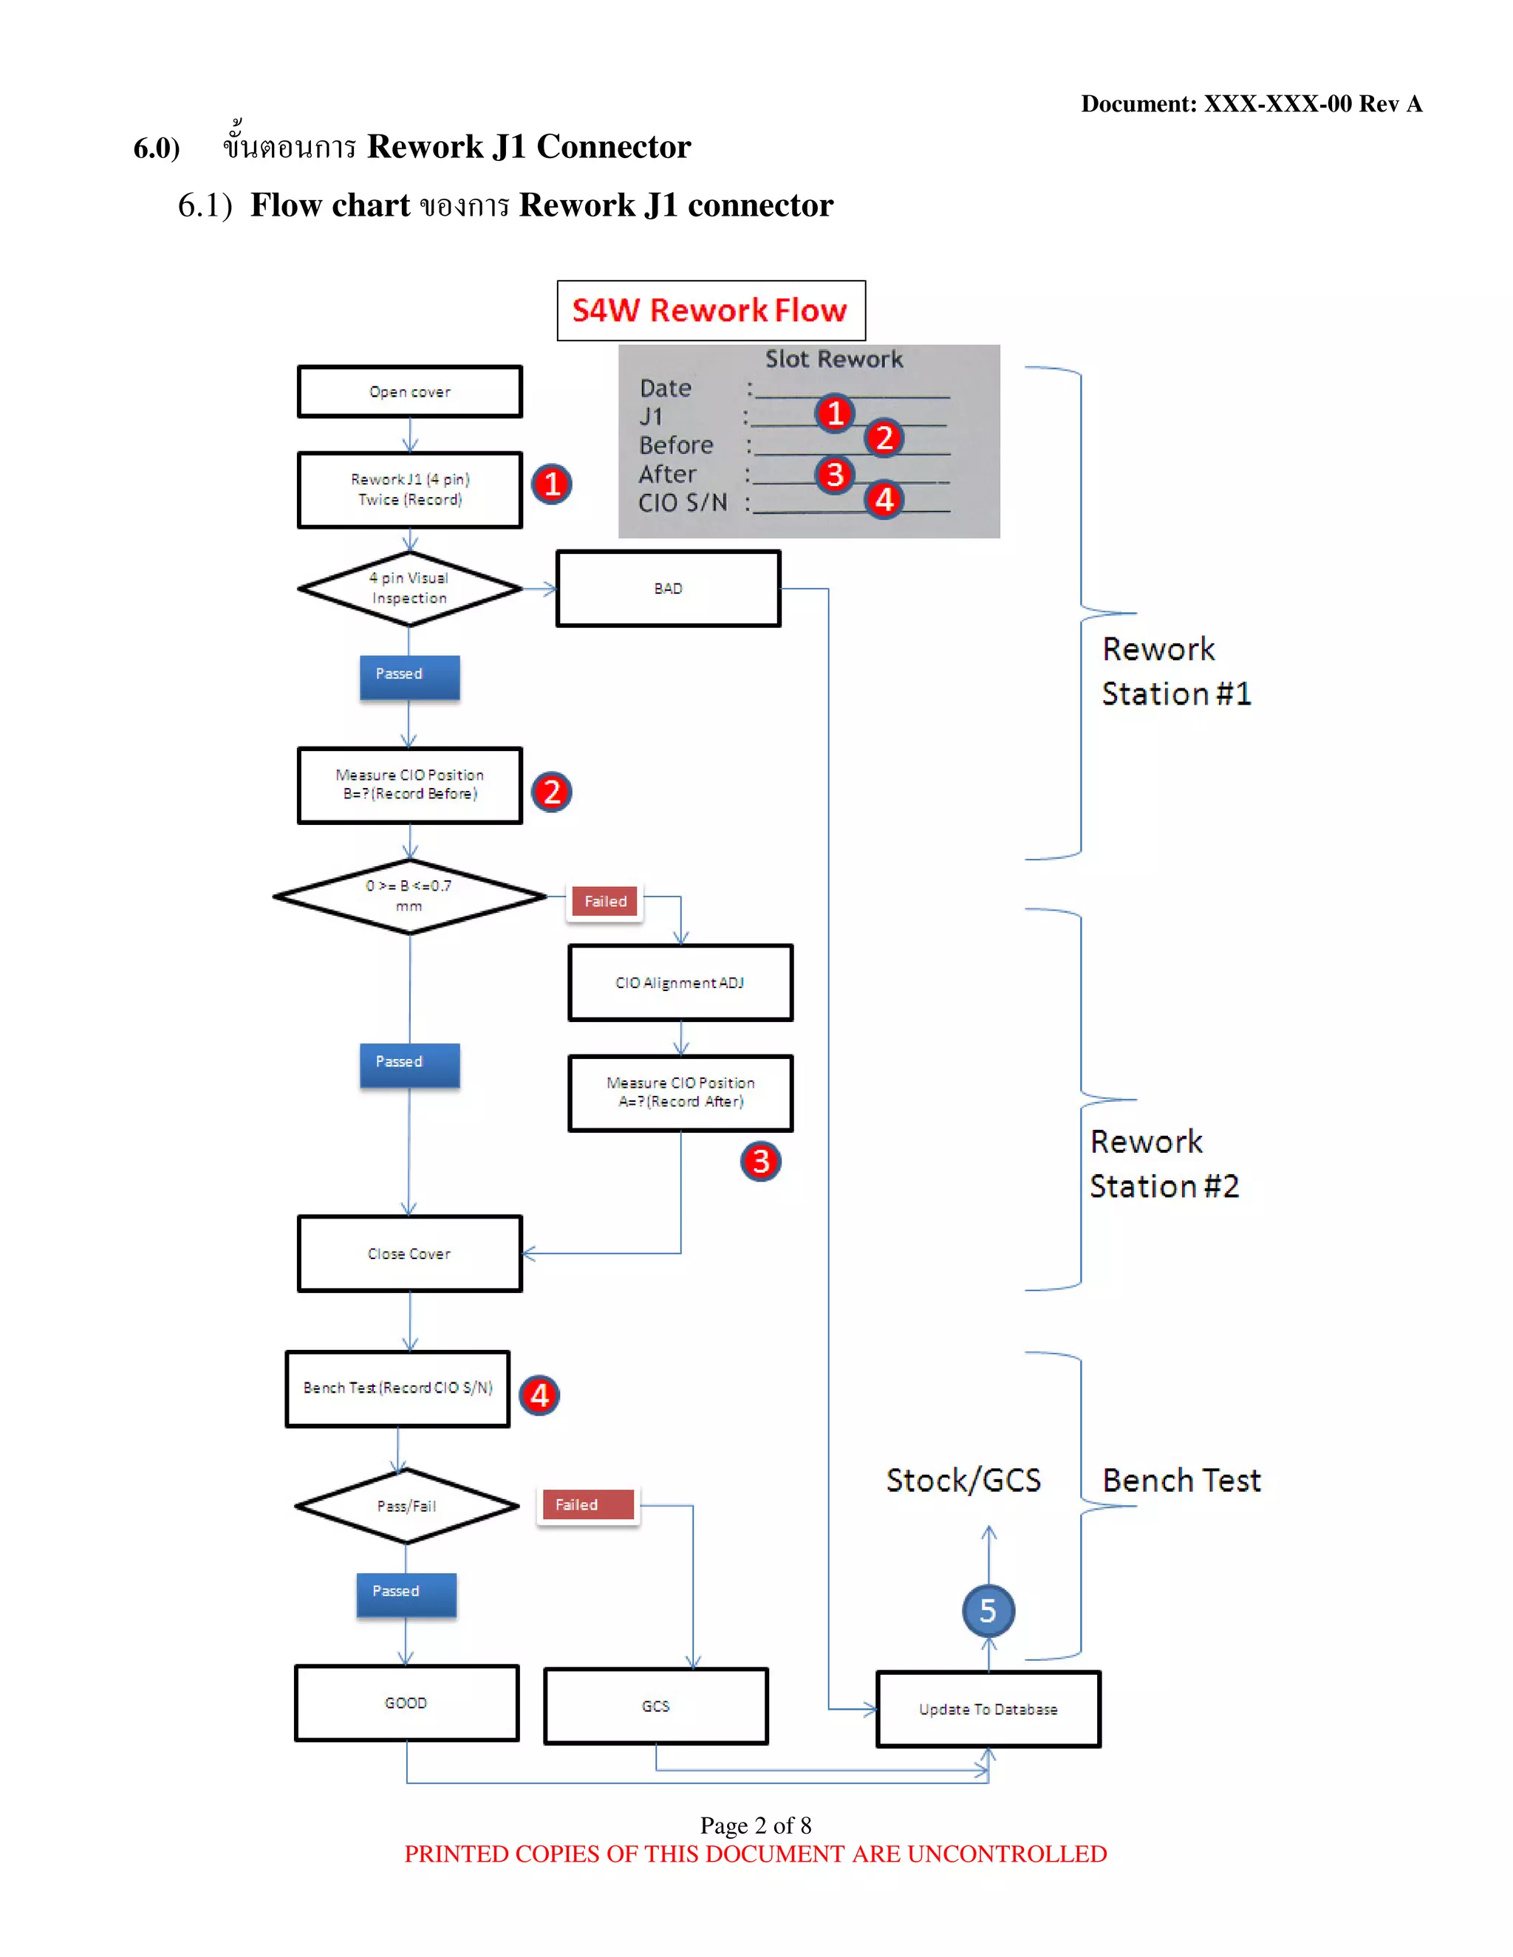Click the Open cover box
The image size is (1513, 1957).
[x=409, y=391]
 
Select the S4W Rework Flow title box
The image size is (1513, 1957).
[x=711, y=310]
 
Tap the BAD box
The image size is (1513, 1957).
[x=668, y=589]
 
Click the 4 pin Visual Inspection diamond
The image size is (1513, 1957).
[x=409, y=588]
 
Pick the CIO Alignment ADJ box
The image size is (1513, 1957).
[x=680, y=983]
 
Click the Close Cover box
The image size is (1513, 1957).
[x=409, y=1254]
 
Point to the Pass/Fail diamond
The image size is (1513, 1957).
[x=407, y=1507]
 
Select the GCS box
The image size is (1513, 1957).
[x=655, y=1706]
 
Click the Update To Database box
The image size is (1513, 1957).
[x=988, y=1710]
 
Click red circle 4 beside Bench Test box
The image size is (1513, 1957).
[x=539, y=1395]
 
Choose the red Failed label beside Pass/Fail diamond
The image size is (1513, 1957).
[x=588, y=1505]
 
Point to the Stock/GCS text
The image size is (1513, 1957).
[x=963, y=1480]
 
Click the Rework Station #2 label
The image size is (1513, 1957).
[x=1164, y=1163]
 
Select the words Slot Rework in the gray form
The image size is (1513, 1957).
[x=833, y=360]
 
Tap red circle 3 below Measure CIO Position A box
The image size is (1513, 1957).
[x=760, y=1162]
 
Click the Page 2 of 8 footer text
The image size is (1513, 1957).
[x=756, y=1826]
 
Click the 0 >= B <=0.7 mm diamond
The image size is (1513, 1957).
[x=409, y=896]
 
